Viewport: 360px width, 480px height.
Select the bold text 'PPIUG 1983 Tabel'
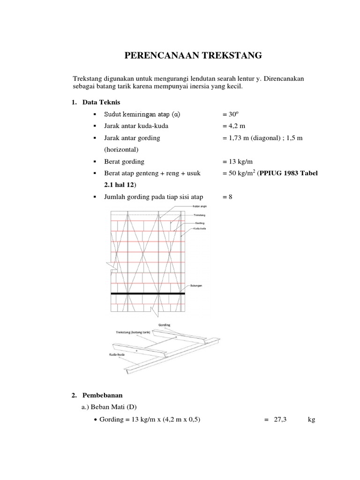pyautogui.click(x=290, y=173)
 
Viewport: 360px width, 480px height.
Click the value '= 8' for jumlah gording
pyautogui.click(x=227, y=197)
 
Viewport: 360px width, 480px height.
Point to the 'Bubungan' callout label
pyautogui.click(x=197, y=285)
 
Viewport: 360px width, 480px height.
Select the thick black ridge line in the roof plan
pyautogui.click(x=148, y=293)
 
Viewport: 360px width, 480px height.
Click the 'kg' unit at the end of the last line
pyautogui.click(x=311, y=420)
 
